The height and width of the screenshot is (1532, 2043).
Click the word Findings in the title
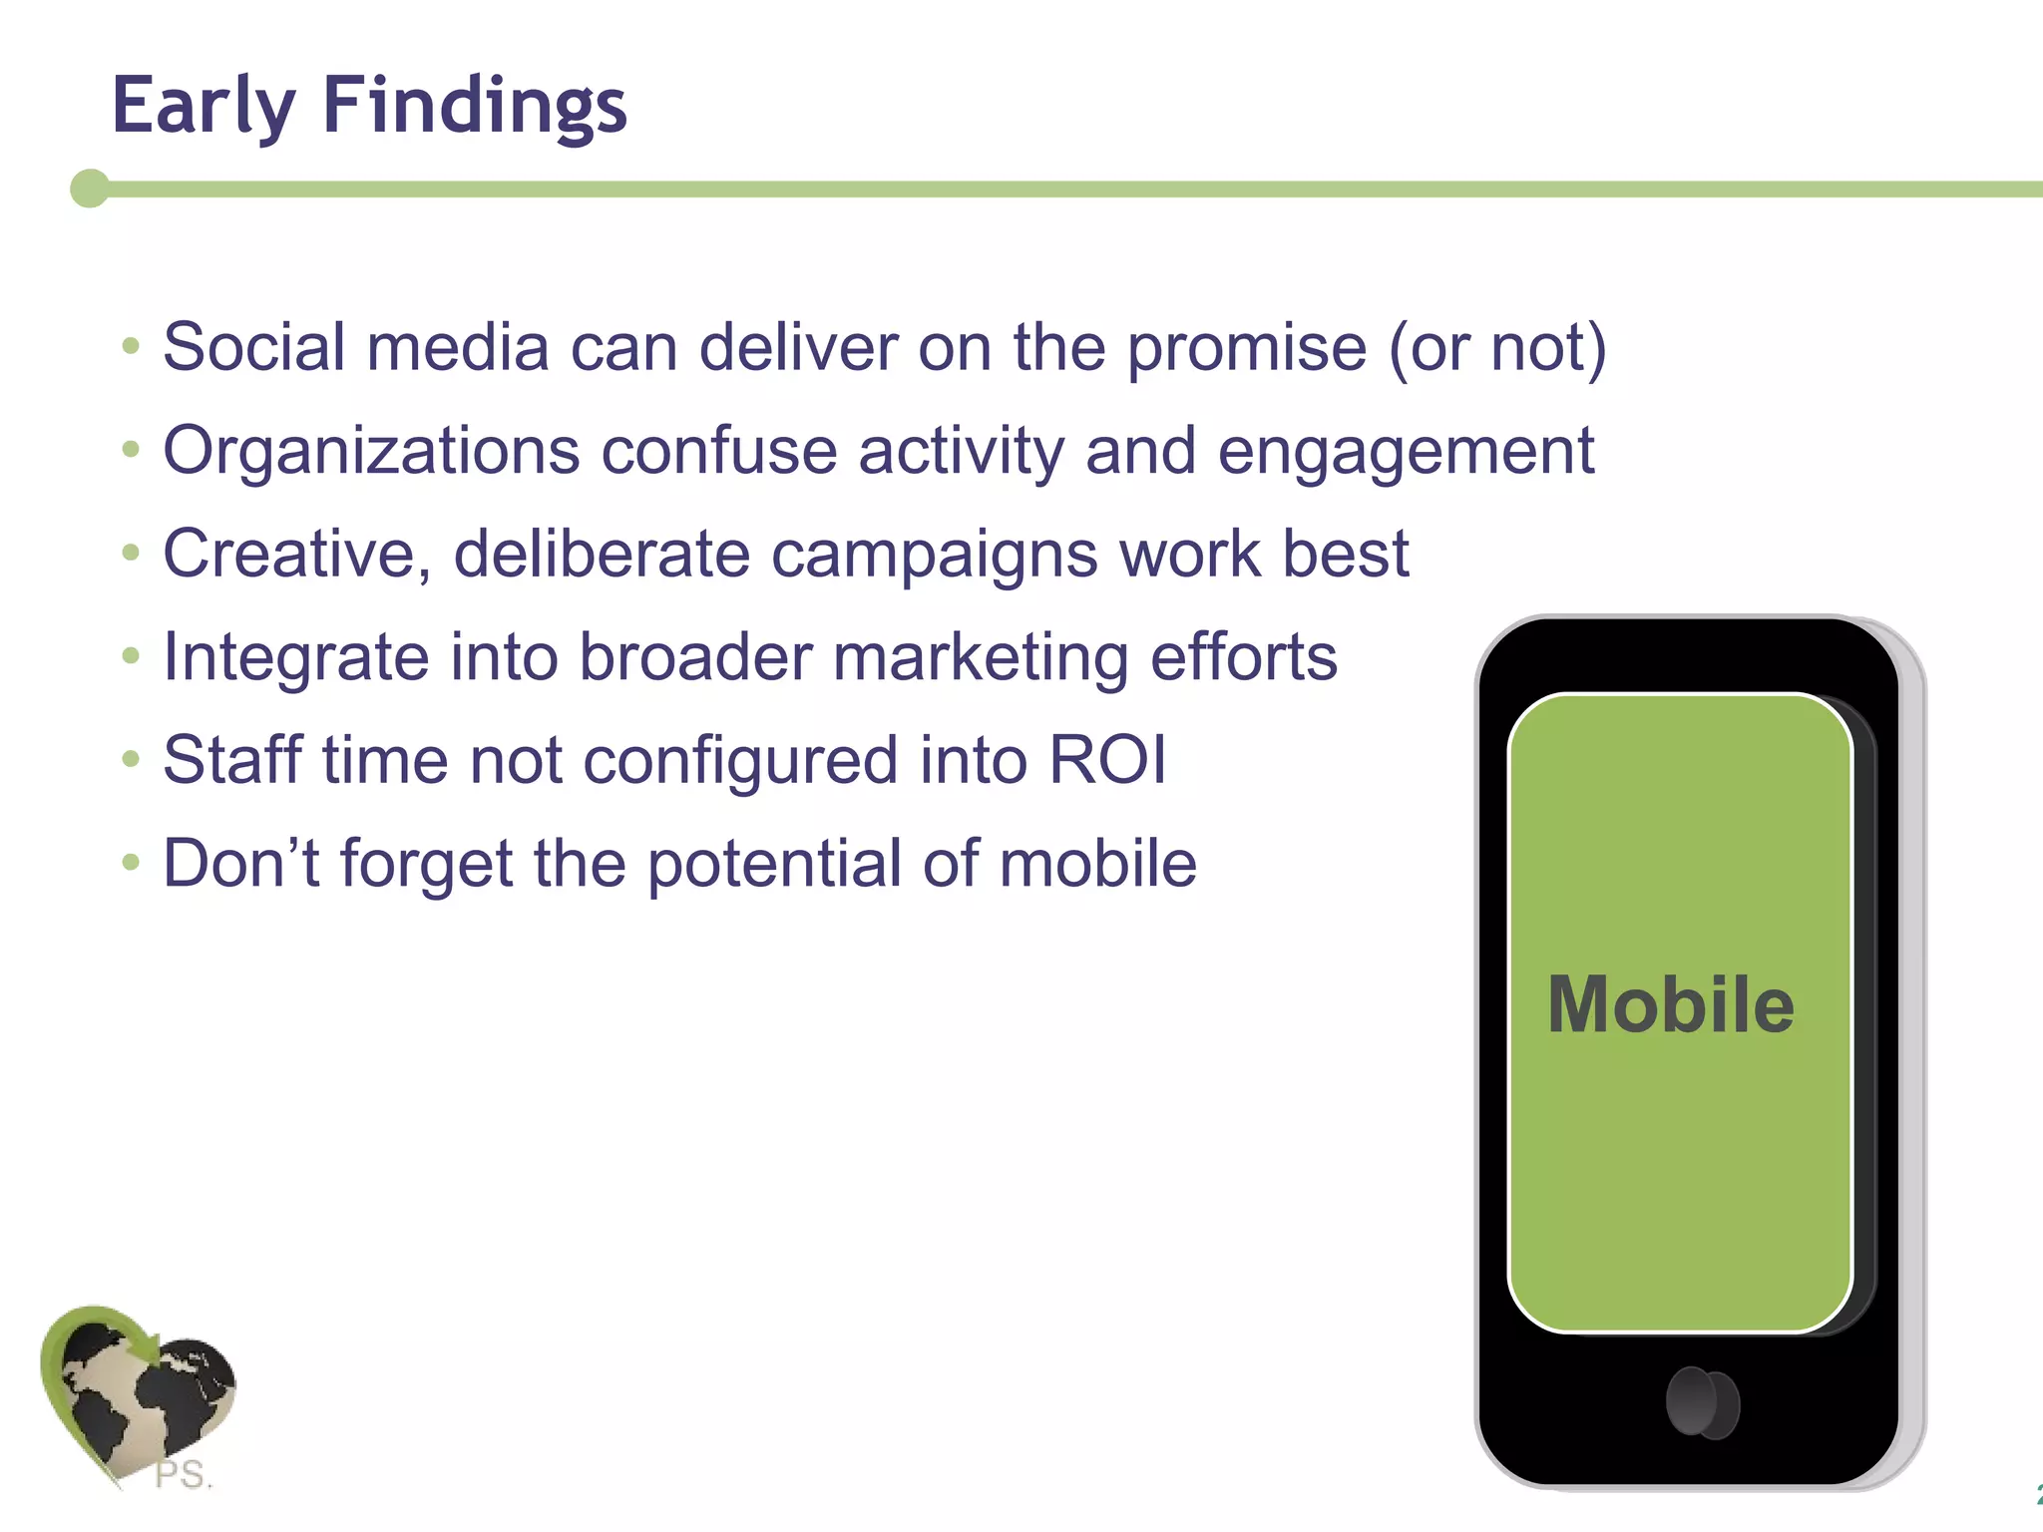pos(475,106)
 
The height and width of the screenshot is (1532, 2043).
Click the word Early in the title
pos(204,106)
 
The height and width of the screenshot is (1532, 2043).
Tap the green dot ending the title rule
pos(90,189)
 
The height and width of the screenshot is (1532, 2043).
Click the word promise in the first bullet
pos(1247,349)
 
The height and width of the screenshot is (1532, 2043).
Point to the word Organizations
pos(371,451)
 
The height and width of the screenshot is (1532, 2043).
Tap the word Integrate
pos(295,658)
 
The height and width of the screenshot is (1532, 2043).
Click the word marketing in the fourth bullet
pos(981,658)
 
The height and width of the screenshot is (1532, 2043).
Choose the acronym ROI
pos(1107,760)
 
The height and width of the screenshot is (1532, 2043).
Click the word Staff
pos(232,760)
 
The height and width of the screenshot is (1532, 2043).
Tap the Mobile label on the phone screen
pos(1671,1004)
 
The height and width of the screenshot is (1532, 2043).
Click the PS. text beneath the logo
pos(184,1474)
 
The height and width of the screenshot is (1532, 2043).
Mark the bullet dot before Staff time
pos(131,760)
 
